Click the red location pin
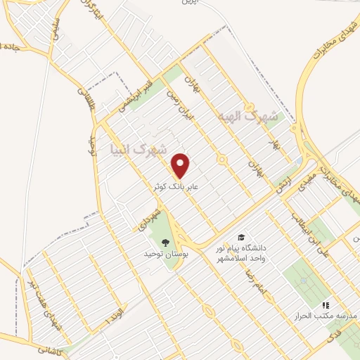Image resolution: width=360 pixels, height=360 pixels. point(181,165)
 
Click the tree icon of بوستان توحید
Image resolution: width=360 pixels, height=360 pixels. point(166,243)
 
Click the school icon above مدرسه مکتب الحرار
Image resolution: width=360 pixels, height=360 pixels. point(325,305)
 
